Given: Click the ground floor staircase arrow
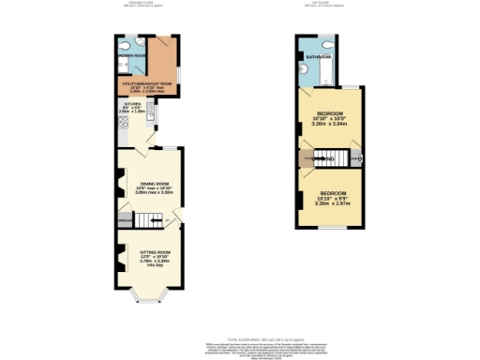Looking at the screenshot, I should coord(145,221).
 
